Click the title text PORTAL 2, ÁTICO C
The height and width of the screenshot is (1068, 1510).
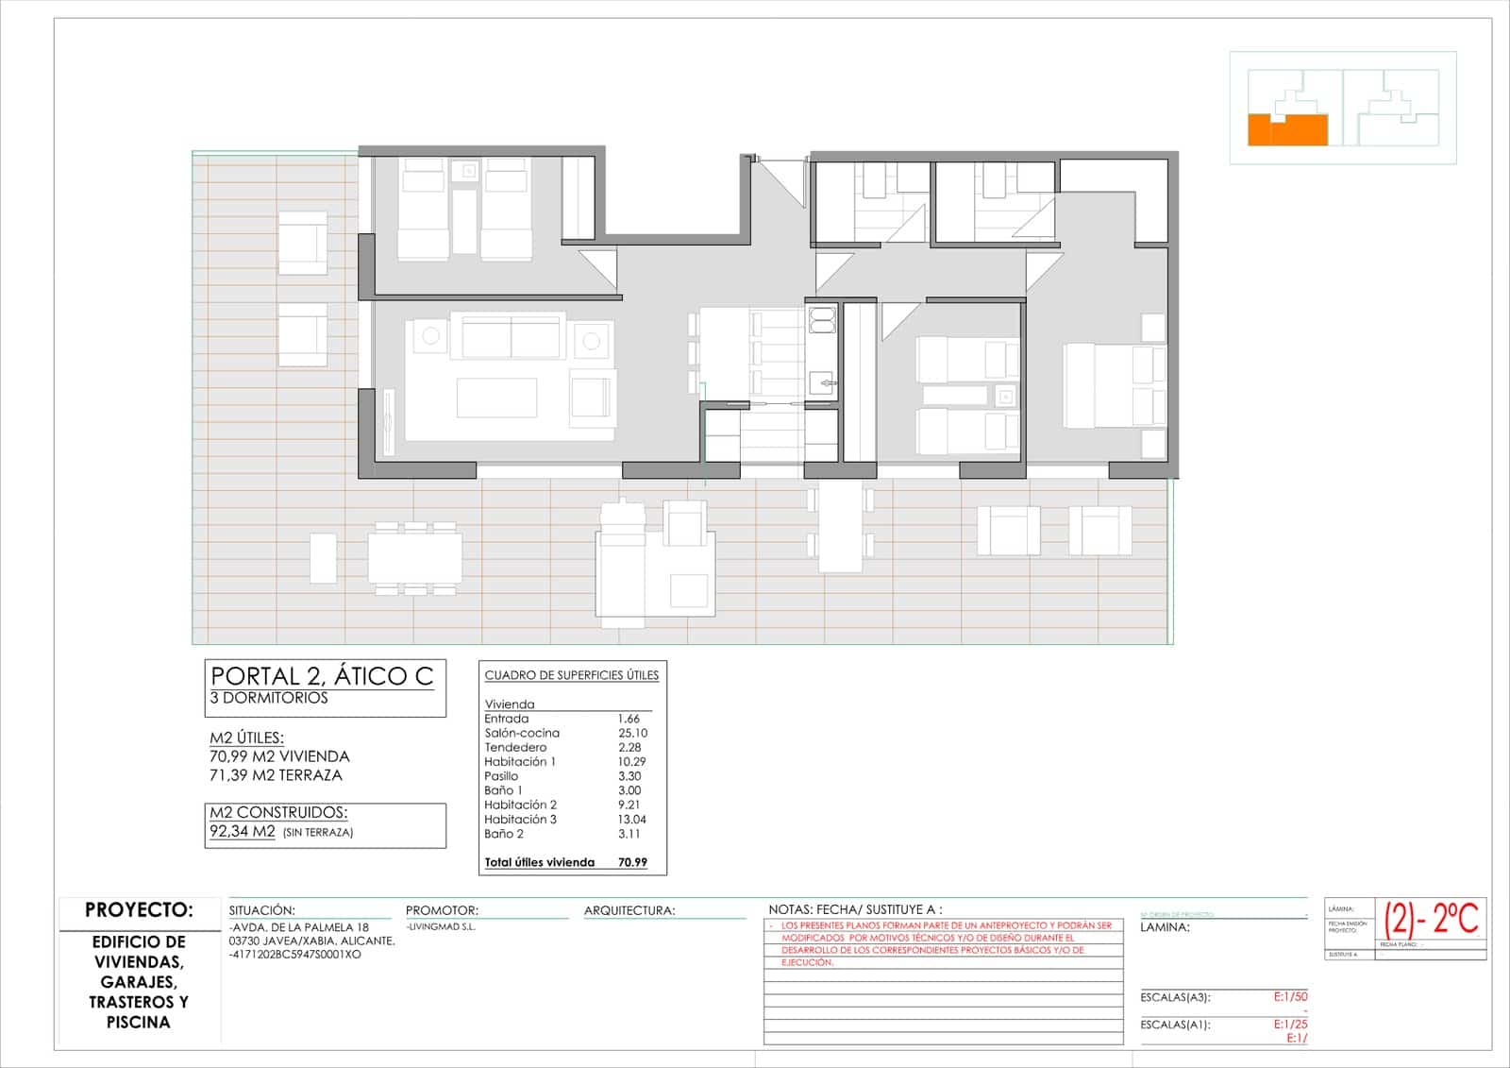coord(322,676)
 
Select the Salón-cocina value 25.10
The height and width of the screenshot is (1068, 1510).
coord(632,733)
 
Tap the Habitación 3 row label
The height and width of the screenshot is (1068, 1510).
coord(520,820)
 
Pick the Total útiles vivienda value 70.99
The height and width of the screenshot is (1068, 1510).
coord(632,862)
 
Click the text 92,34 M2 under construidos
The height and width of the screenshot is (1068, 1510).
coord(243,832)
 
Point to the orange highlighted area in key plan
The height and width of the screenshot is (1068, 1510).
coord(1287,130)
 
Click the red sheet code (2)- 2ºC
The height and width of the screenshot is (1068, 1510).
coord(1431,918)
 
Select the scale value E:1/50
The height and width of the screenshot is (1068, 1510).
coord(1290,997)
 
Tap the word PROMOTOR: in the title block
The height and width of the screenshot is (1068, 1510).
coord(442,911)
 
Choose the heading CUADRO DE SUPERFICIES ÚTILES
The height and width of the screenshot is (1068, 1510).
coord(572,675)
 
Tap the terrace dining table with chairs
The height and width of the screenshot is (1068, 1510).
coord(415,558)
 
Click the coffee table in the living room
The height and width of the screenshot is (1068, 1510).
coord(496,398)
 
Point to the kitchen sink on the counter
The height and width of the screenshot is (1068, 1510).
coord(822,382)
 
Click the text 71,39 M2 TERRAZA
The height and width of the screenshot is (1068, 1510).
coord(276,775)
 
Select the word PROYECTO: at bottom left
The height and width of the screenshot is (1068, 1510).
coord(139,910)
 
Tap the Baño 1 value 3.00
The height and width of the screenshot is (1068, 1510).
coord(629,790)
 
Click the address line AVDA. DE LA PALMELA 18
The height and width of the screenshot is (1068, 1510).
coord(298,927)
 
